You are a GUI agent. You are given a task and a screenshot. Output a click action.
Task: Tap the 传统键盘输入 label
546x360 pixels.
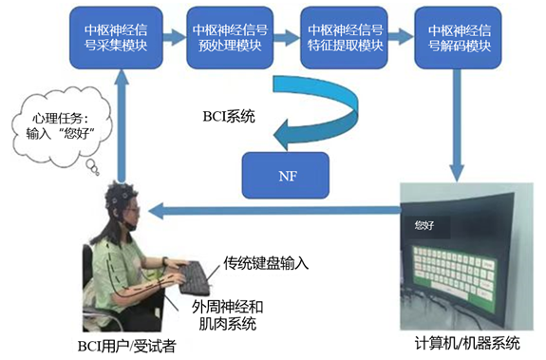pyautogui.click(x=268, y=260)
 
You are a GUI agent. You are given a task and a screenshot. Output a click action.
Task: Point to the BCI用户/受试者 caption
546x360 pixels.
pyautogui.click(x=130, y=346)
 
